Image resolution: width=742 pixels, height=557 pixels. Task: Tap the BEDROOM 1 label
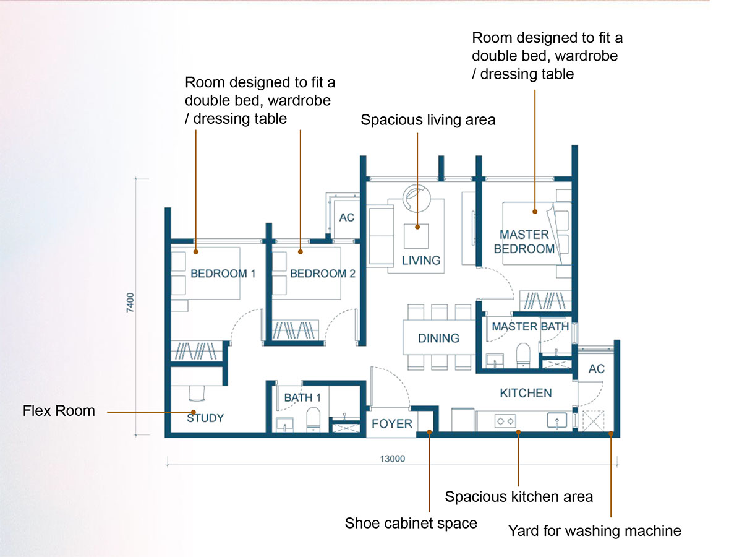(223, 274)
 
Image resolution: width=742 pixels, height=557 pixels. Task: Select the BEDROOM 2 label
(323, 274)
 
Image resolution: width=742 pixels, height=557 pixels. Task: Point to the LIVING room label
(421, 261)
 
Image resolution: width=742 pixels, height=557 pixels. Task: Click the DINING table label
(438, 339)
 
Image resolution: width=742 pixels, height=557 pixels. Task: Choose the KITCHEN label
(526, 393)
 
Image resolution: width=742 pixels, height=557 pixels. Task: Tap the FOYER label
(391, 424)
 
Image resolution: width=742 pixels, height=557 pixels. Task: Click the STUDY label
(205, 418)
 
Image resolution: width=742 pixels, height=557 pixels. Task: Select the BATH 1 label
(302, 398)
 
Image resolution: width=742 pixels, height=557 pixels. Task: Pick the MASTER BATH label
(530, 326)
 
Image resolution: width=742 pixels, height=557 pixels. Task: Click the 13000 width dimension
(392, 459)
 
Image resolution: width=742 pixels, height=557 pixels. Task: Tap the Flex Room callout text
(59, 411)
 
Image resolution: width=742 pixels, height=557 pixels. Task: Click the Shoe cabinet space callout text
(411, 524)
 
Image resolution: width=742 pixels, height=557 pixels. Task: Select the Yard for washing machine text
(594, 531)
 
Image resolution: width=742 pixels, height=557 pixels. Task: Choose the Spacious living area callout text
(428, 120)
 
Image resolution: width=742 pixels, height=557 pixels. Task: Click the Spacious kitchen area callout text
(519, 497)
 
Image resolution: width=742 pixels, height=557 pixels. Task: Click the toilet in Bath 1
(313, 418)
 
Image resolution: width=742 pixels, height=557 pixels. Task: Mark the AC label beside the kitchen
(596, 369)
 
